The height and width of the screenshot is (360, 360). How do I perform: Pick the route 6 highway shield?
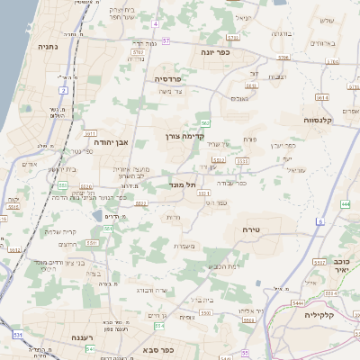(319, 220)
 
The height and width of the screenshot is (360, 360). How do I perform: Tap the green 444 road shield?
(346, 204)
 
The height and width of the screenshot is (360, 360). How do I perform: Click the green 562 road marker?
(206, 122)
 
